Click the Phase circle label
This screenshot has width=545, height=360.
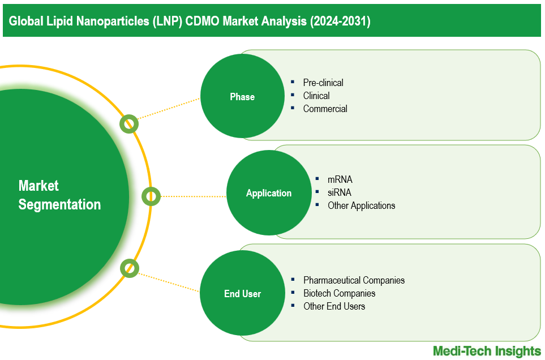click(x=242, y=97)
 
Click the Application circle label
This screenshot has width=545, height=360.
click(x=268, y=193)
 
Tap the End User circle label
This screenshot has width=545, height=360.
click(x=242, y=293)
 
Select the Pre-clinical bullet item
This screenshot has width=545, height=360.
click(x=323, y=83)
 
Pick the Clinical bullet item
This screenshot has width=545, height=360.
click(x=316, y=96)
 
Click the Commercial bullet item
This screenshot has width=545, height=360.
click(x=325, y=109)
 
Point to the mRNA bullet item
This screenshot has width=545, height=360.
click(x=340, y=179)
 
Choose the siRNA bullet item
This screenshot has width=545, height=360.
click(x=339, y=192)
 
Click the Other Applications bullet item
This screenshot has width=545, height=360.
click(x=361, y=205)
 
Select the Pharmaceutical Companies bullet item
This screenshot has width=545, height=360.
click(x=354, y=280)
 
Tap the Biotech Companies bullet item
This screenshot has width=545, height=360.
click(x=339, y=293)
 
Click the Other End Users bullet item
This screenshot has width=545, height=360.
click(x=334, y=306)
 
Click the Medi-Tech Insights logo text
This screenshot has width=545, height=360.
click(x=487, y=351)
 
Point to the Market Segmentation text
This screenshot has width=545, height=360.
click(x=59, y=195)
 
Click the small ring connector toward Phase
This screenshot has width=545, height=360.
click(x=129, y=124)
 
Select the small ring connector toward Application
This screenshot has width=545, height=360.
click(x=151, y=196)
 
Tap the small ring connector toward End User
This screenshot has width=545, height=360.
click(x=129, y=268)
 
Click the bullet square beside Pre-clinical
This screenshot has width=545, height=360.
click(x=293, y=82)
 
